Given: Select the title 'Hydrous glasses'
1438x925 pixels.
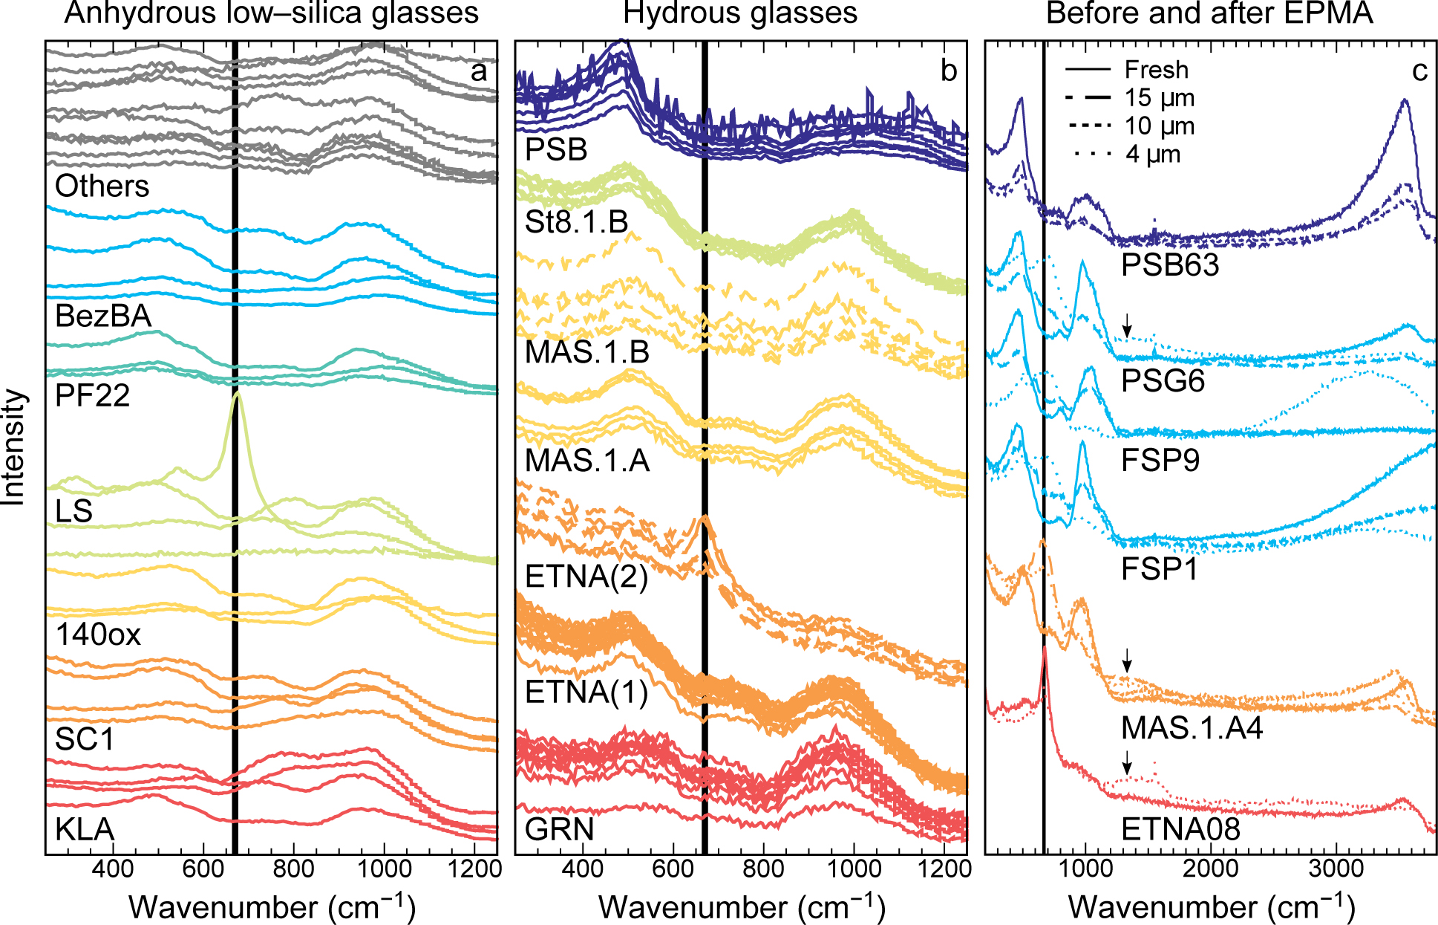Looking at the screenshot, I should (740, 13).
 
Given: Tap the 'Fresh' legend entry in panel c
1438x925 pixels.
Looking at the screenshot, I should (1156, 70).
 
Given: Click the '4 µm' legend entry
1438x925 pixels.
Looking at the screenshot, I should (1152, 155).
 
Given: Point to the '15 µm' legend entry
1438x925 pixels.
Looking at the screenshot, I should (1159, 98).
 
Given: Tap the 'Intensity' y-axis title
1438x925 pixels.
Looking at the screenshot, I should (13, 447).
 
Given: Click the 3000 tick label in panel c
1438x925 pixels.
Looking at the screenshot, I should (1336, 868).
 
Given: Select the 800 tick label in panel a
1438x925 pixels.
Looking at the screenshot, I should (293, 868).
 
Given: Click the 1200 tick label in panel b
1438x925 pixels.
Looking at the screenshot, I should (944, 868).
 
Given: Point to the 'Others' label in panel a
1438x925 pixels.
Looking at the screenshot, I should (102, 186).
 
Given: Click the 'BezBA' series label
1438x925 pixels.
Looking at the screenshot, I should (102, 317).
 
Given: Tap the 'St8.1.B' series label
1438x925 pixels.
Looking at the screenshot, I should (576, 222).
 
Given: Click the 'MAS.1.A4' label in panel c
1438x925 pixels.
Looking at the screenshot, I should (1192, 728).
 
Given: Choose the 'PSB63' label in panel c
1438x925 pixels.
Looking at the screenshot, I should (1170, 264).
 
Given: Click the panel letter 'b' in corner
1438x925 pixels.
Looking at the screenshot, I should (948, 71).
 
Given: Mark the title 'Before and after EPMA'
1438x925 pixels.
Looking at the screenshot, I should (1209, 13).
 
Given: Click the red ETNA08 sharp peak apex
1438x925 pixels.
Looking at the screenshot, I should (1045, 649).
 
